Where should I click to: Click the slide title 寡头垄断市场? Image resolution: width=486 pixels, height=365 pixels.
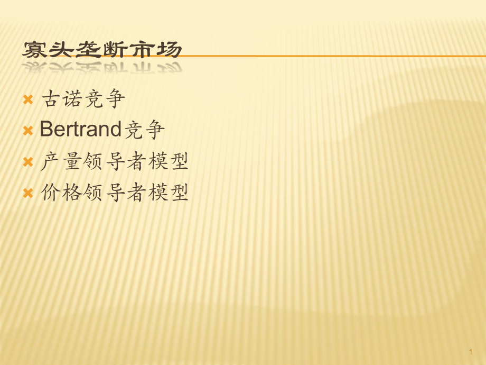[101, 50]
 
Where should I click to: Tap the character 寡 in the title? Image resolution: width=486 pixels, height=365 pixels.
[34, 50]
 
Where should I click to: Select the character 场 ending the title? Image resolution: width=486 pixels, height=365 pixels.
[169, 50]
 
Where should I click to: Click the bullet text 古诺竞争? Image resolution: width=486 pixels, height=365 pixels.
[83, 99]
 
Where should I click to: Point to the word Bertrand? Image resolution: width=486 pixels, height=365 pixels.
[80, 129]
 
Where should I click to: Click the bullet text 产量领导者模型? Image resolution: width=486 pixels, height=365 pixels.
[115, 161]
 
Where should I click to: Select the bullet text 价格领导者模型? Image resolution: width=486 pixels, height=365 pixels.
[115, 193]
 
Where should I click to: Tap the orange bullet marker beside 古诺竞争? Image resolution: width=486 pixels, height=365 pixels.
[28, 99]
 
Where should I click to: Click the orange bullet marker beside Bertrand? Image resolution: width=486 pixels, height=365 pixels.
[28, 131]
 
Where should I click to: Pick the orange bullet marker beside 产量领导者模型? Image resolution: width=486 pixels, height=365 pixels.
[28, 162]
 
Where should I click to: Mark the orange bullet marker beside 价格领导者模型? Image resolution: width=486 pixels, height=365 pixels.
[28, 193]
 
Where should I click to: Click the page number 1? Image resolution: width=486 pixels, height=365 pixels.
[471, 352]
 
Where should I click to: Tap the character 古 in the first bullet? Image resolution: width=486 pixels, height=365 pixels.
[51, 99]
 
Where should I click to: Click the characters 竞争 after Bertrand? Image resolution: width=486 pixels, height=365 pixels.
[144, 130]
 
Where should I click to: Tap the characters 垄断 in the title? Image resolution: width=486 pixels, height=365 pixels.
[101, 50]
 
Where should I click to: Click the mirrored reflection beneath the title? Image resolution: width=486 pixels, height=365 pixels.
[101, 67]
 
